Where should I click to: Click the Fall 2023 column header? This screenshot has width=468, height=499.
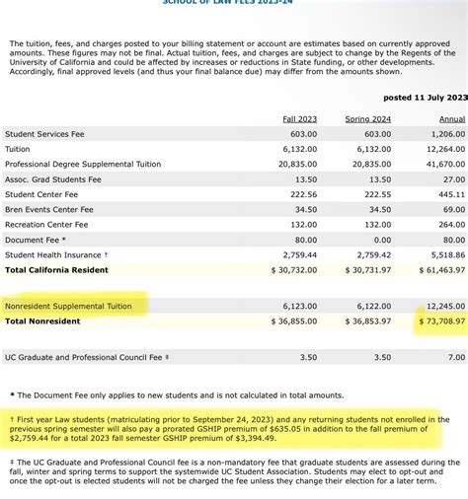(300, 119)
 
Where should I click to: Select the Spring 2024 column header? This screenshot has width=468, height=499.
(367, 119)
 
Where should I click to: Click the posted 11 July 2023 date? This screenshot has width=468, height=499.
(424, 97)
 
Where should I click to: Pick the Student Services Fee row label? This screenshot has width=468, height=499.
(44, 134)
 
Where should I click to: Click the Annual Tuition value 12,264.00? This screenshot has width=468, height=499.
(446, 150)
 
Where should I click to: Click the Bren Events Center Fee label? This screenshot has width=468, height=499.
(50, 209)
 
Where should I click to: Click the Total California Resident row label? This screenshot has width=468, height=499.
(56, 269)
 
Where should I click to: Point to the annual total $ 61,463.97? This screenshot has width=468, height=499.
(437, 269)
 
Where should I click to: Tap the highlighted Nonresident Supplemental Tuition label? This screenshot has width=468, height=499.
(68, 306)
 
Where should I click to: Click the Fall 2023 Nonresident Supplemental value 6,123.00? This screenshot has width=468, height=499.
(299, 306)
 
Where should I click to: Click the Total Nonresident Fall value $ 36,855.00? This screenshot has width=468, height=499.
(292, 321)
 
